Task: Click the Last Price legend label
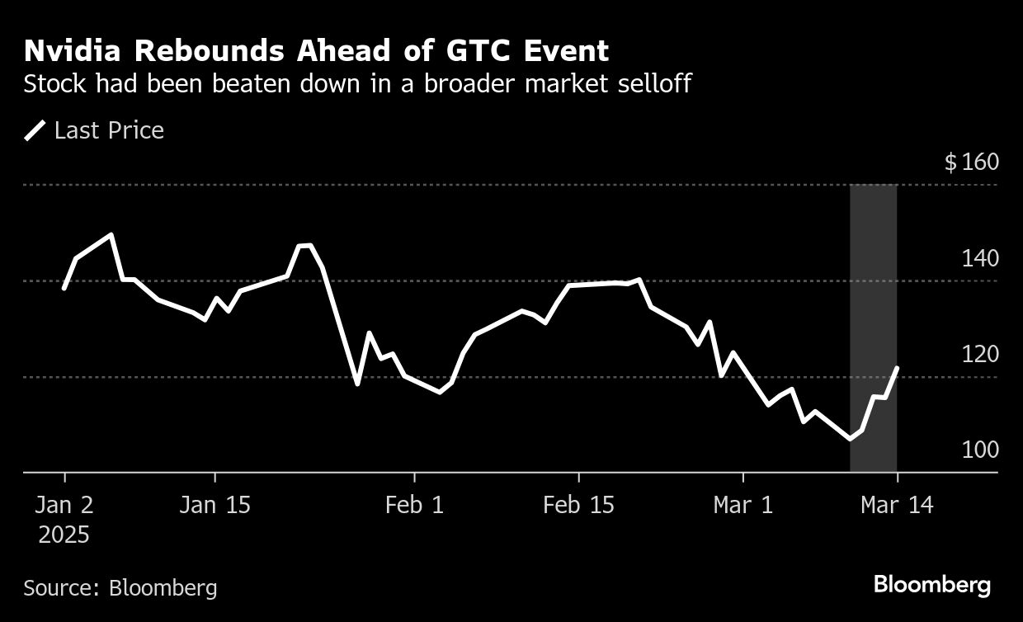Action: (x=109, y=130)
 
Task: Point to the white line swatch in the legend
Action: (x=35, y=130)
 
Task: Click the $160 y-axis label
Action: (x=971, y=162)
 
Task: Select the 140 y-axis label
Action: (x=981, y=258)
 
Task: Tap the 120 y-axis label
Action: (x=981, y=354)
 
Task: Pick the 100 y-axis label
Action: (x=981, y=450)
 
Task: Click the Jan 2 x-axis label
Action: (x=64, y=505)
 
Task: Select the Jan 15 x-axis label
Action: (x=214, y=505)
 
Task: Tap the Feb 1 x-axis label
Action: (x=414, y=505)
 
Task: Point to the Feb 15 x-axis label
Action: (x=578, y=505)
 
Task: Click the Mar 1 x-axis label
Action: (x=743, y=505)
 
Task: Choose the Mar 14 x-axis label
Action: (x=897, y=505)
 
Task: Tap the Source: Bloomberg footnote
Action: (x=120, y=587)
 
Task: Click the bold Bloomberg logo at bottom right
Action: (x=932, y=586)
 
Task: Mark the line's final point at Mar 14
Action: (x=897, y=368)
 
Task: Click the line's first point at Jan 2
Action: (x=64, y=288)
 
